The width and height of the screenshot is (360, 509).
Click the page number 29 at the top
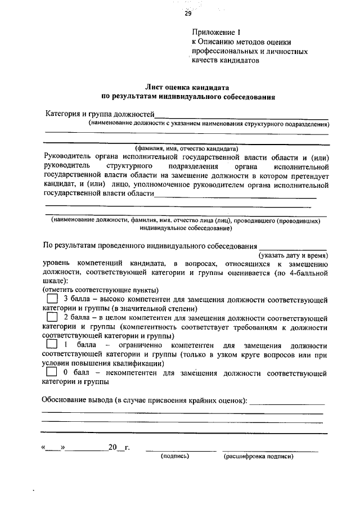187,14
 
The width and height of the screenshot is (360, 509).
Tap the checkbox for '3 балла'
52,299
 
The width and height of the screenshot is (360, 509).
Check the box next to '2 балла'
52,318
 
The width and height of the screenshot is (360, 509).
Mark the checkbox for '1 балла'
52,344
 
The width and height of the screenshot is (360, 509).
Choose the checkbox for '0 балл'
52,372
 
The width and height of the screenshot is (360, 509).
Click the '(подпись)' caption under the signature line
175,457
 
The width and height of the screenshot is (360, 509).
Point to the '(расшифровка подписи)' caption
259,457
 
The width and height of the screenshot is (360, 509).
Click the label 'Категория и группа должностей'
100,114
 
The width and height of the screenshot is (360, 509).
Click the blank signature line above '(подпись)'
181,450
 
